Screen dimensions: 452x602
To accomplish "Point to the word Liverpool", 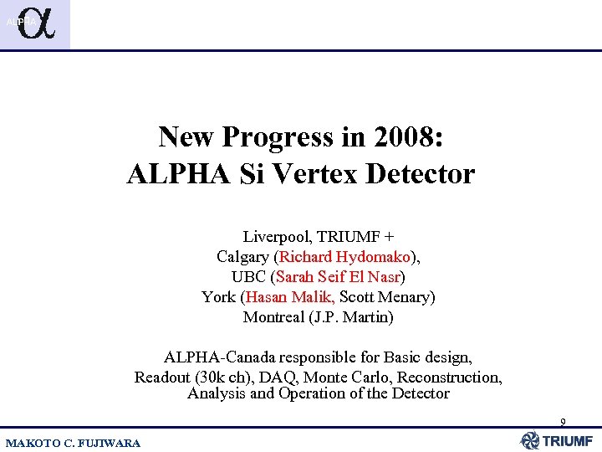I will (x=278, y=237).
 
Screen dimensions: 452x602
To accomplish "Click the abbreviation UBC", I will (x=249, y=277).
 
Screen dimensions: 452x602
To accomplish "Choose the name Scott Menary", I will (x=384, y=297).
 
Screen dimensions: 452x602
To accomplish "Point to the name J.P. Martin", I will (x=356, y=317).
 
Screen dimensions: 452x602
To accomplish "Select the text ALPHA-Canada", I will (x=217, y=357).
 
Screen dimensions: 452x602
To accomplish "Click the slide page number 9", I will (x=564, y=423).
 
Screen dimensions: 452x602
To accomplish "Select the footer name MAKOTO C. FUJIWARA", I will (x=73, y=443).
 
